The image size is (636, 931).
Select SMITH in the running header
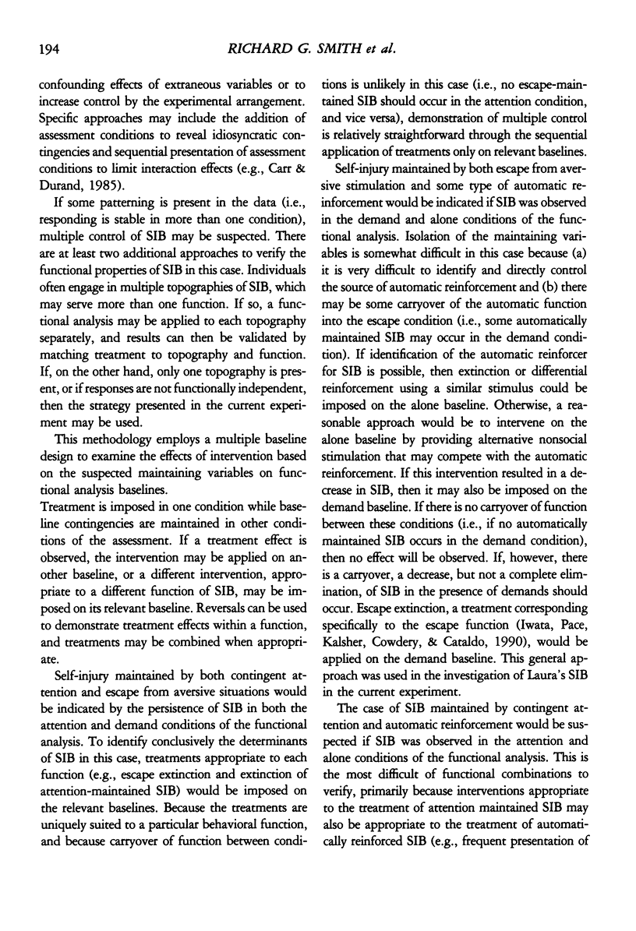pyautogui.click(x=336, y=51)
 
